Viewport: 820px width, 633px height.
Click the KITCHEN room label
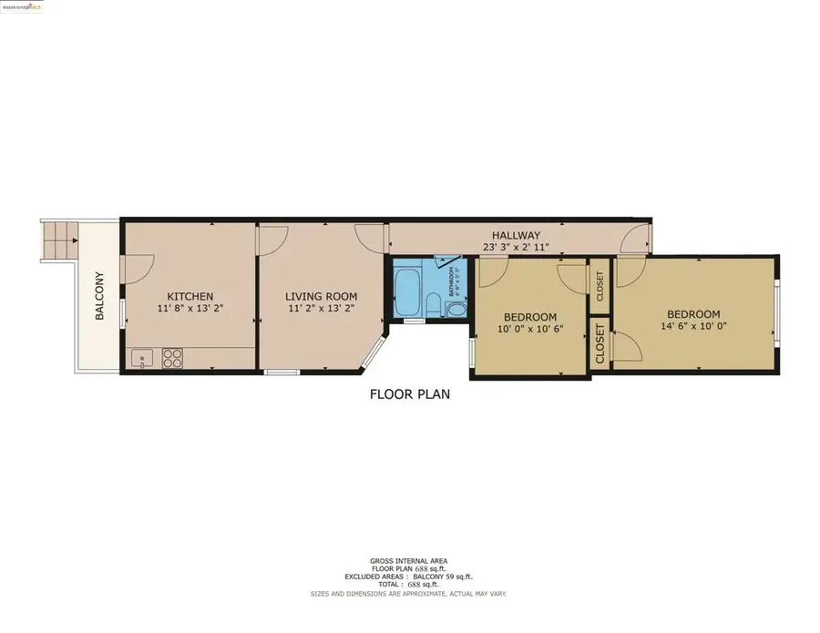point(190,296)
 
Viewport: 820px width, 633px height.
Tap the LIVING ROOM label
point(321,296)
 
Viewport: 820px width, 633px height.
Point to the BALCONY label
point(99,296)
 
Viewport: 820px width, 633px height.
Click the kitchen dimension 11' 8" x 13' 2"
point(190,309)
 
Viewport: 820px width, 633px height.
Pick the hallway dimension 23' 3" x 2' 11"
point(516,247)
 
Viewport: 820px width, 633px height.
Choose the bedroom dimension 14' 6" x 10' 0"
point(693,326)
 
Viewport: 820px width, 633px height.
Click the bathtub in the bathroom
point(408,291)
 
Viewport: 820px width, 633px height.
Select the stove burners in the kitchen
point(170,358)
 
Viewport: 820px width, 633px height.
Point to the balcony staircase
point(59,238)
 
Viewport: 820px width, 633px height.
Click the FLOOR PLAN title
point(409,395)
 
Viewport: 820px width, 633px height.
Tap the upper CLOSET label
point(600,286)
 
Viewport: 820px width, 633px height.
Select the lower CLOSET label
point(600,343)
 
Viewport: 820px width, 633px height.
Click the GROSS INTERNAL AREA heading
point(409,561)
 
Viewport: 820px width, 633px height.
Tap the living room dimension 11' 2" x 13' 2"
point(321,309)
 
